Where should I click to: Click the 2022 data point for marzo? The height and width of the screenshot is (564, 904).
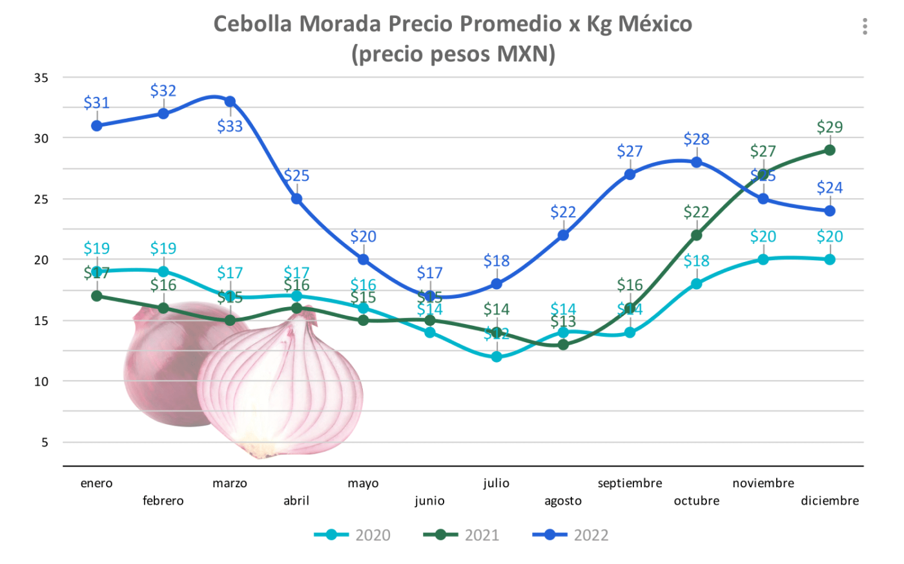[x=230, y=101]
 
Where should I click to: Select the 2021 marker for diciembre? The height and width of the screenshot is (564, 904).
[x=830, y=150]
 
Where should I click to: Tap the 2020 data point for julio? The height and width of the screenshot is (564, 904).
[x=497, y=357]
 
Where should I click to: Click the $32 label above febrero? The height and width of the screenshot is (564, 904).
[x=163, y=90]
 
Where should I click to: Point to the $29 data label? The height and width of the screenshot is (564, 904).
[x=830, y=127]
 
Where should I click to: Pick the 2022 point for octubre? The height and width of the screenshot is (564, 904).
[x=697, y=162]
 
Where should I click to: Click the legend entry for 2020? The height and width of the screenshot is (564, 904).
[x=353, y=535]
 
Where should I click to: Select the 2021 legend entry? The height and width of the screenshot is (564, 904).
[x=462, y=535]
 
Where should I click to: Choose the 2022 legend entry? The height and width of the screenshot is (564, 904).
[x=571, y=535]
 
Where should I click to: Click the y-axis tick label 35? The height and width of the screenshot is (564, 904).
[x=41, y=78]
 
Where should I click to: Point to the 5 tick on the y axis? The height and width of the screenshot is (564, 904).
[x=45, y=443]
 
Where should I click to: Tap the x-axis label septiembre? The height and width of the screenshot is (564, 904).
[x=630, y=483]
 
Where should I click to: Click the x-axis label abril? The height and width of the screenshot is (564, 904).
[x=296, y=501]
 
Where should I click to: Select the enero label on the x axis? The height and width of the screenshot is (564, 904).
[x=96, y=483]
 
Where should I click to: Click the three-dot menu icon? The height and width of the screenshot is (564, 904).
[x=865, y=26]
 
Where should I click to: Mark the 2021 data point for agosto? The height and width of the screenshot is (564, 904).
[x=563, y=345]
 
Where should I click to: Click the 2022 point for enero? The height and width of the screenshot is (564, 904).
[x=97, y=126]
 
